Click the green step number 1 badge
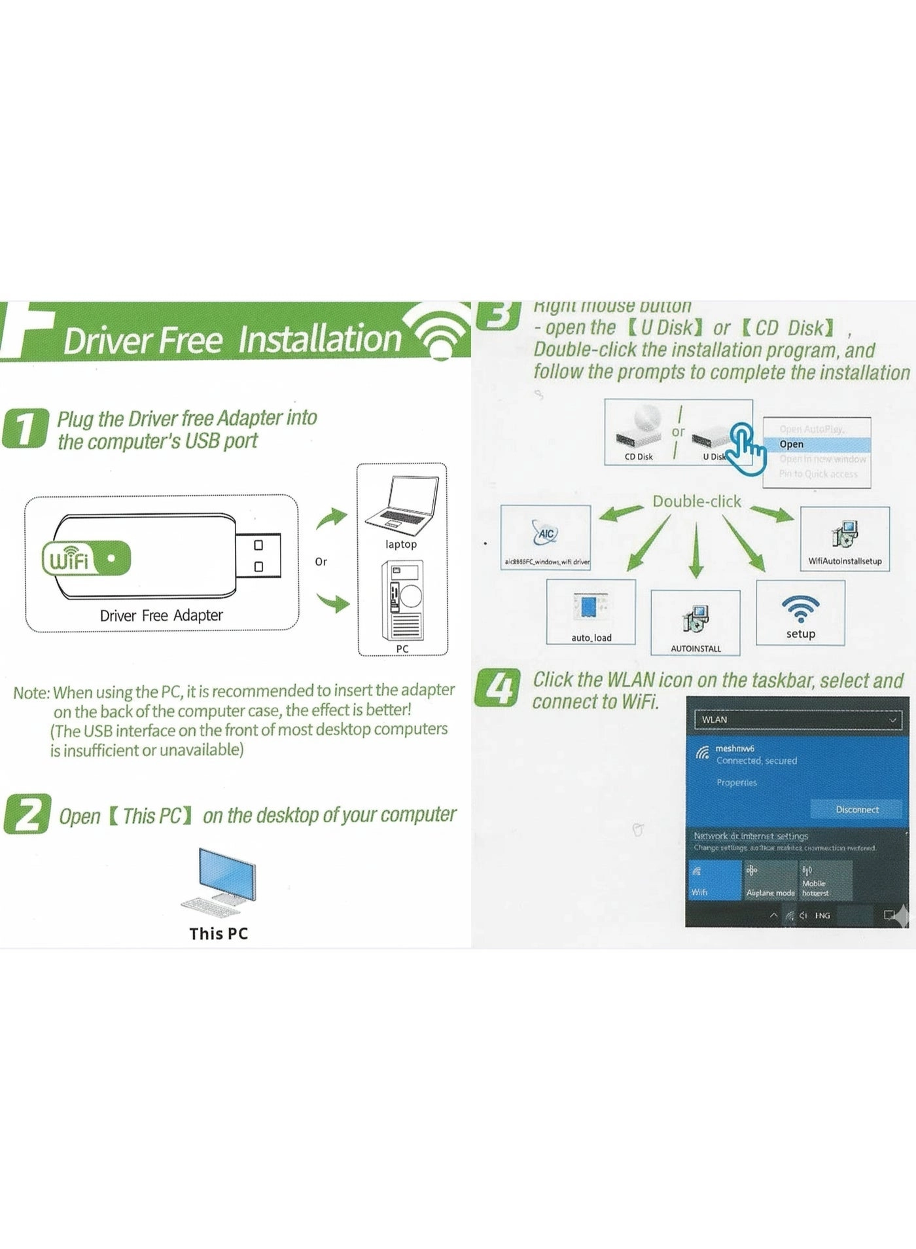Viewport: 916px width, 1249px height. (x=24, y=429)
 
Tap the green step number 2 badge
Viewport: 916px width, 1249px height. (x=26, y=814)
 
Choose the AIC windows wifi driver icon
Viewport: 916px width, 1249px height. (x=545, y=534)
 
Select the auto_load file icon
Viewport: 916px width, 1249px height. (x=590, y=607)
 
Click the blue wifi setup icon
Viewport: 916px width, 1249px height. (x=800, y=609)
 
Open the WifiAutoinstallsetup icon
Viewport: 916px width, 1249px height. (x=845, y=534)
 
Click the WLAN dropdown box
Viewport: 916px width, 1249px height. (x=797, y=719)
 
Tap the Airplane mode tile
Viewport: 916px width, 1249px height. (x=770, y=880)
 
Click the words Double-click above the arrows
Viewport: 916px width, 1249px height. (x=696, y=501)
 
